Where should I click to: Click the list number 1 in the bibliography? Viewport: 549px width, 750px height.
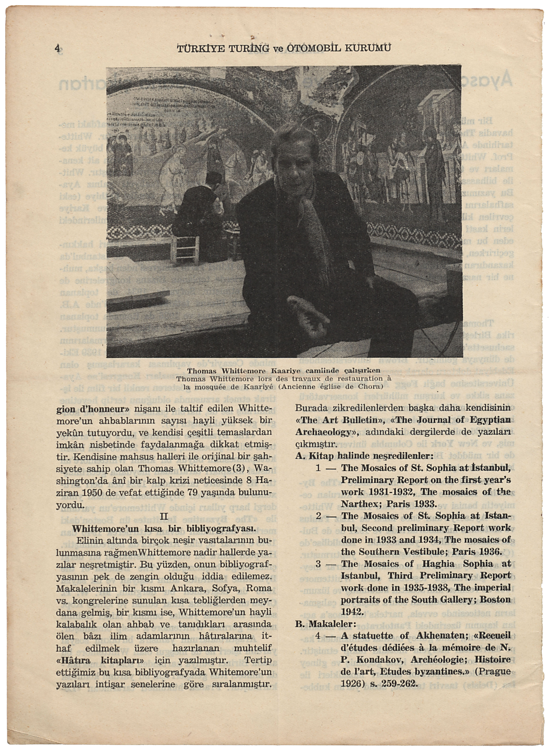pyautogui.click(x=318, y=468)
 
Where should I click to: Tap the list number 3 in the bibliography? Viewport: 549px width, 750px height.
pyautogui.click(x=318, y=564)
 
